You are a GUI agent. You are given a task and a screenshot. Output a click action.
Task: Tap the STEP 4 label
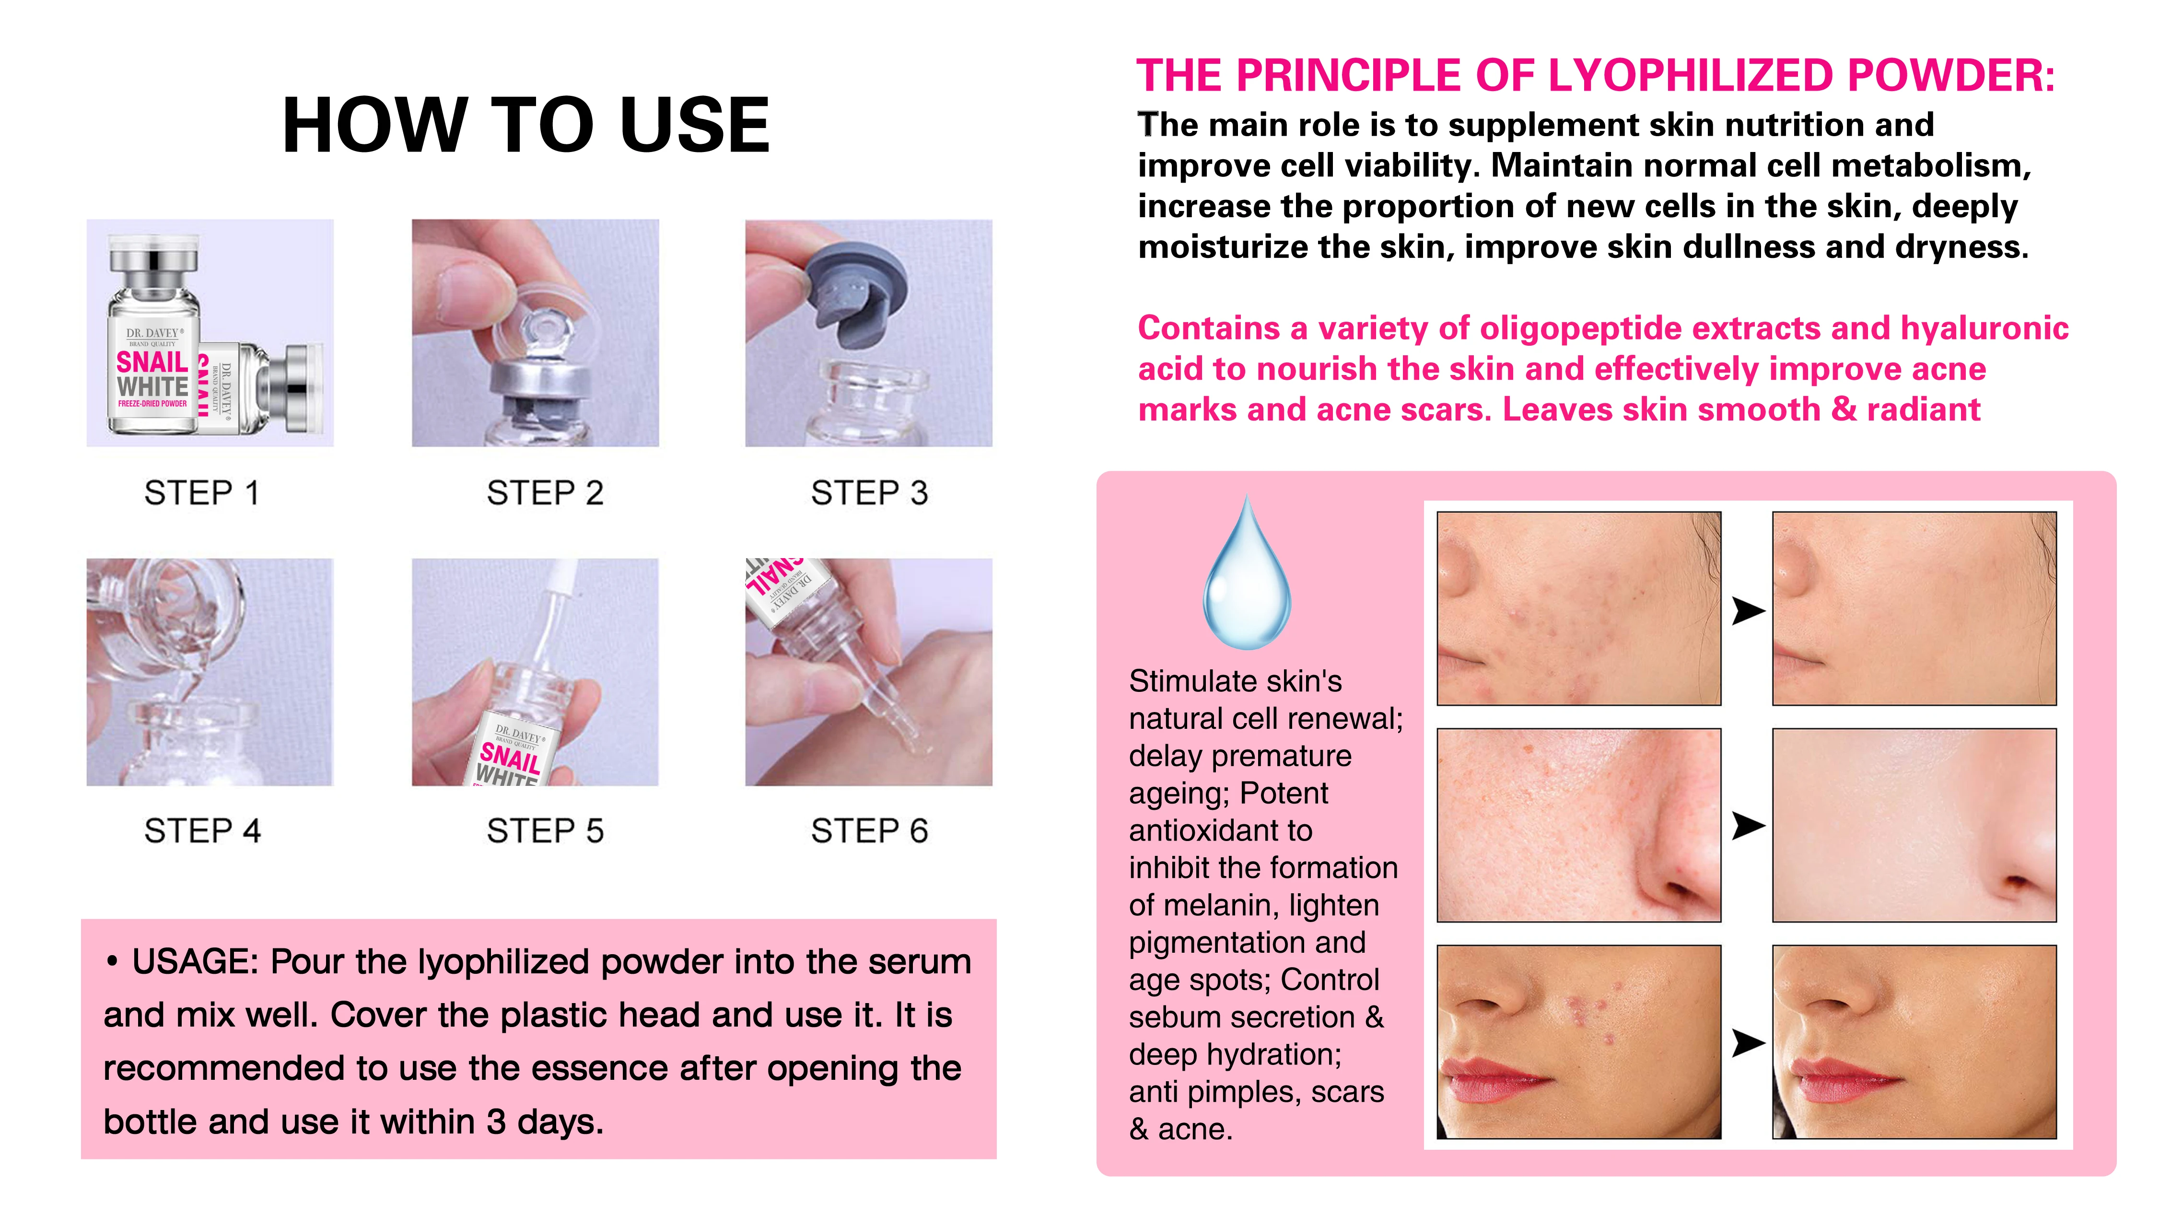[x=202, y=831]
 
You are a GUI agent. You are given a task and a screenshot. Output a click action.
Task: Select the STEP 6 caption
[x=869, y=831]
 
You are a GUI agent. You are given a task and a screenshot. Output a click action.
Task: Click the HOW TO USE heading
[x=526, y=125]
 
